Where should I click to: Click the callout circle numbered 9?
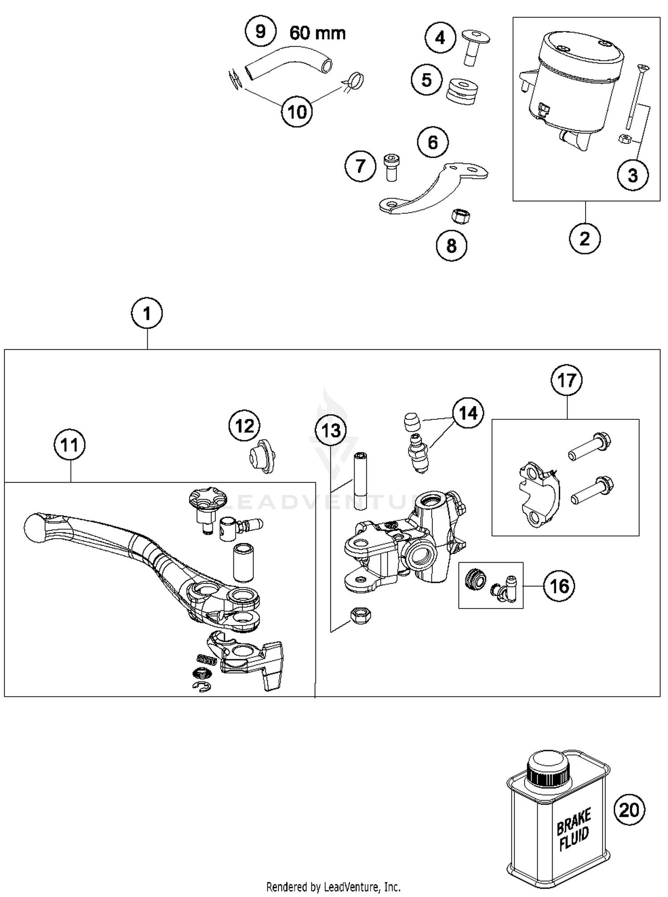261,32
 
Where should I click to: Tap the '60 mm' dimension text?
318,33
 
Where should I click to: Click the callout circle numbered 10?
297,111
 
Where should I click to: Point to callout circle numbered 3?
632,175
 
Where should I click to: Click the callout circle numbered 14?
468,413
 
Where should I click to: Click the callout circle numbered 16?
559,586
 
